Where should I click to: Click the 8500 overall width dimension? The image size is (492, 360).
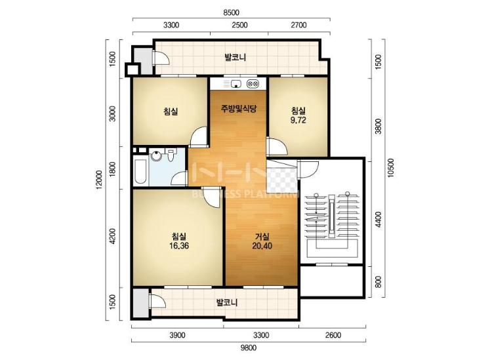click(231, 13)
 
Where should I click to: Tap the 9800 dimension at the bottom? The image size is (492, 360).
click(249, 348)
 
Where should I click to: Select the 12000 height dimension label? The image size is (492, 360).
click(99, 180)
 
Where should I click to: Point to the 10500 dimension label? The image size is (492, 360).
click(390, 168)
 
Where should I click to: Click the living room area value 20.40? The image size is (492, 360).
click(262, 246)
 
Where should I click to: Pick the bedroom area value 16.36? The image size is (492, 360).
click(179, 246)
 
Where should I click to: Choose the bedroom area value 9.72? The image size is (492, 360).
click(298, 121)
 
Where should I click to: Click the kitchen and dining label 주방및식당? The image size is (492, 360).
click(239, 109)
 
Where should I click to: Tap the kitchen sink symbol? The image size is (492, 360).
click(236, 84)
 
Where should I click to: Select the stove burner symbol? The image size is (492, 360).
click(253, 84)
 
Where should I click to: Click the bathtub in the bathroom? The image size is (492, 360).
click(140, 172)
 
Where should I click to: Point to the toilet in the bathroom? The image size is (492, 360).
click(171, 155)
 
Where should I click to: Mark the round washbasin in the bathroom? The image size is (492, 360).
click(155, 156)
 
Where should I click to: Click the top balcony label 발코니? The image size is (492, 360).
click(235, 58)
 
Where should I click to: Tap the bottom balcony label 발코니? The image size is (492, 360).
click(227, 302)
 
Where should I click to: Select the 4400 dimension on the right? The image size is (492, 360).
click(379, 220)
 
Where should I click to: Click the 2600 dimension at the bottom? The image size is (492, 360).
click(333, 335)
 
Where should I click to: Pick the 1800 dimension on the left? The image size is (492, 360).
click(113, 169)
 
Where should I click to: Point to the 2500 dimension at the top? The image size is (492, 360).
click(239, 25)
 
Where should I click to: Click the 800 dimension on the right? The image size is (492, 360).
click(379, 281)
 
